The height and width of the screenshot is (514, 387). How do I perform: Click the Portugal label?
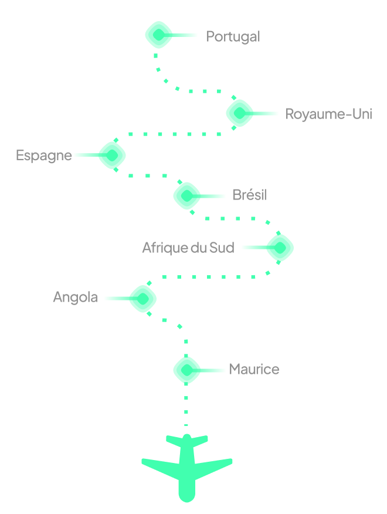click(233, 36)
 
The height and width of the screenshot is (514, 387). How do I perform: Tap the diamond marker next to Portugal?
click(159, 35)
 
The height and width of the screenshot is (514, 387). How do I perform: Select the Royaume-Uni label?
click(328, 114)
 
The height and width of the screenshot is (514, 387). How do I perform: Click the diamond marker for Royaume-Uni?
click(240, 113)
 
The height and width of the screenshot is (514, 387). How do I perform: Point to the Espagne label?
click(44, 155)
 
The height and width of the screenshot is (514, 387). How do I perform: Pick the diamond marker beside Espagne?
click(112, 155)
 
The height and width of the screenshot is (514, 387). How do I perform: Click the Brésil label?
click(249, 195)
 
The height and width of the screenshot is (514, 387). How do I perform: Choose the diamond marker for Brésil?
click(187, 195)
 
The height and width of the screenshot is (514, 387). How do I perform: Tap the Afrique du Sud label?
click(188, 248)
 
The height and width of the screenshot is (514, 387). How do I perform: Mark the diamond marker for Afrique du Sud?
click(280, 248)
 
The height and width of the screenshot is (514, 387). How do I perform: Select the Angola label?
click(75, 297)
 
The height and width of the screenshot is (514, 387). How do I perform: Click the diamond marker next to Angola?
click(142, 298)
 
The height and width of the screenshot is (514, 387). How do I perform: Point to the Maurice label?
click(254, 369)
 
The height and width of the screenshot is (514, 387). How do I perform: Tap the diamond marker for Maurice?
click(187, 370)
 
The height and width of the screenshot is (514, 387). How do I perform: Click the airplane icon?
click(186, 466)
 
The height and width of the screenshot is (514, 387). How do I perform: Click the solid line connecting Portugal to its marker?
click(185, 35)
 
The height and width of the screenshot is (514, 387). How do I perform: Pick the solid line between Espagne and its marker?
click(86, 155)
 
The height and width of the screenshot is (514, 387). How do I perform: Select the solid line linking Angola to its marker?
click(117, 298)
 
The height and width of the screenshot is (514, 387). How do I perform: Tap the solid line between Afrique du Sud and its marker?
click(254, 248)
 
